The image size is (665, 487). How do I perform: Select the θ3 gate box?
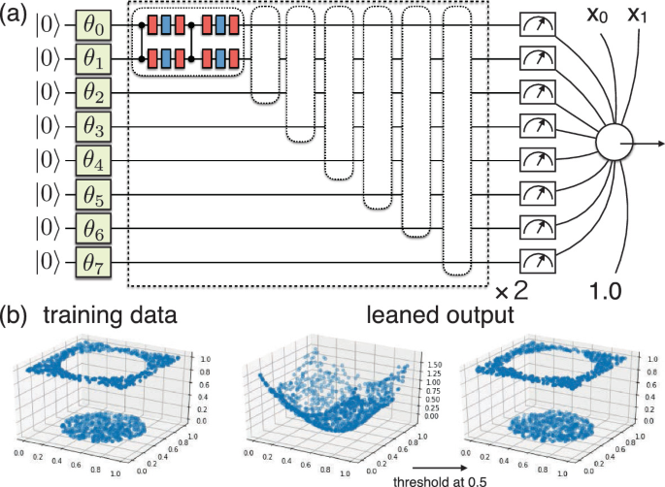pos(93,125)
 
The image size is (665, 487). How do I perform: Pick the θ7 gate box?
pos(93,261)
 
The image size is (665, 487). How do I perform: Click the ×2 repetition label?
pos(511,291)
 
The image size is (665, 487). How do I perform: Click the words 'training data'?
pos(102,316)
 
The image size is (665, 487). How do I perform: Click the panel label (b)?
pos(16,316)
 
